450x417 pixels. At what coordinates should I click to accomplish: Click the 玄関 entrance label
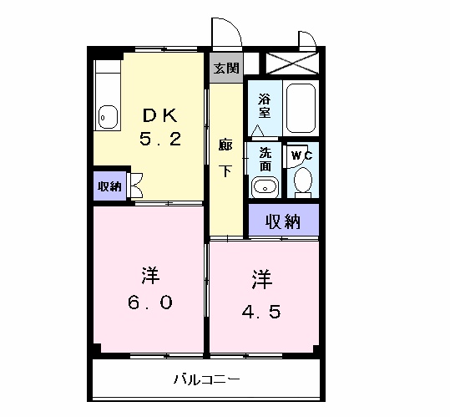coord(225,68)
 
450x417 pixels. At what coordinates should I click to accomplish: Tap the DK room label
coord(159,115)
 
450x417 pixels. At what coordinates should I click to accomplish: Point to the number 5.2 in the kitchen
coord(159,140)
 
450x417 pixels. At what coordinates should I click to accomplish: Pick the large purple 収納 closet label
coord(283,221)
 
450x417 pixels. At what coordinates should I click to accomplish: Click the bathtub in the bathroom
coord(301,109)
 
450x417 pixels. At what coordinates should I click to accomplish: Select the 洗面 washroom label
coord(265,159)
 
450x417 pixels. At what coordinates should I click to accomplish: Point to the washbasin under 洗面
coord(265,186)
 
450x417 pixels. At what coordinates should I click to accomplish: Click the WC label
coord(301,155)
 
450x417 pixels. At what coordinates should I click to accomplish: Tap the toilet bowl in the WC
coord(303,181)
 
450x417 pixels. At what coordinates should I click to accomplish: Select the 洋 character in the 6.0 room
coord(150,275)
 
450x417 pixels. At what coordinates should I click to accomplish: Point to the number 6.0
coord(150,303)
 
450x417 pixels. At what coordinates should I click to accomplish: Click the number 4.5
coord(262,313)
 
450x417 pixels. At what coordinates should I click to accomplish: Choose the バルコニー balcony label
coord(207,379)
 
